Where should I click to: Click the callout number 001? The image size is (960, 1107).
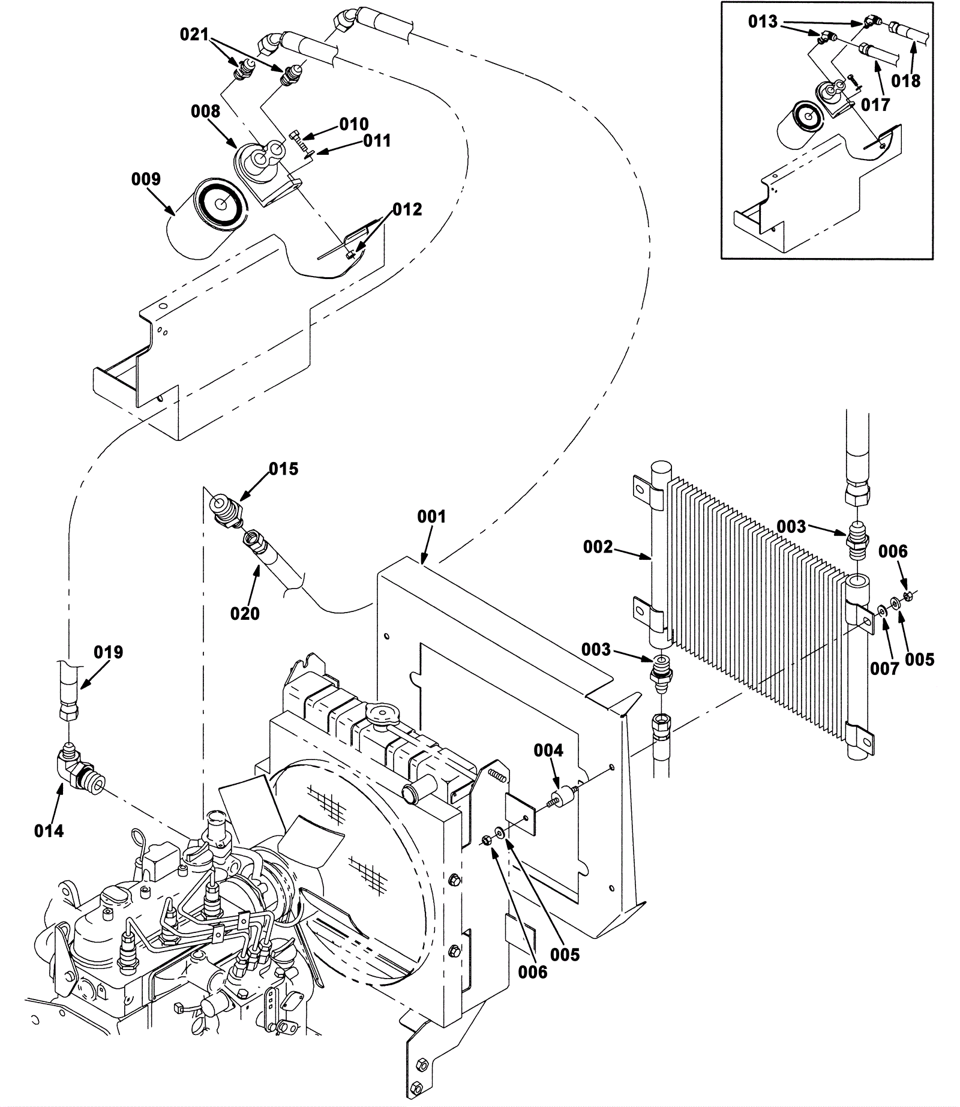point(432,516)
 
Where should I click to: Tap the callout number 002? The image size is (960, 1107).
point(598,547)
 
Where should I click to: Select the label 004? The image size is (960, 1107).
point(548,751)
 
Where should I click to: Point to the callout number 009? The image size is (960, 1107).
point(146,179)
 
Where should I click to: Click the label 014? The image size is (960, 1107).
point(49,830)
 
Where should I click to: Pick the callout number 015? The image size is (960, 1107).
point(283,469)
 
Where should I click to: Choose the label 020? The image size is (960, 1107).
point(245,613)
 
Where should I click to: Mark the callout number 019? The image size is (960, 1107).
point(108,652)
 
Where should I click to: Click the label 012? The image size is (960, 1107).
point(407,209)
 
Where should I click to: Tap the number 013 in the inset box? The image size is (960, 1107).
point(763,22)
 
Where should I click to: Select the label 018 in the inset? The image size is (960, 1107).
point(905,80)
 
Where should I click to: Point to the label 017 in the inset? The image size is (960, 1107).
point(875,105)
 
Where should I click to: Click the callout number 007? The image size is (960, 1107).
point(884,668)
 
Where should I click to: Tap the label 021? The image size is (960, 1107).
point(194,35)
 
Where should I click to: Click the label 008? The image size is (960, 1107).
point(206,111)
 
